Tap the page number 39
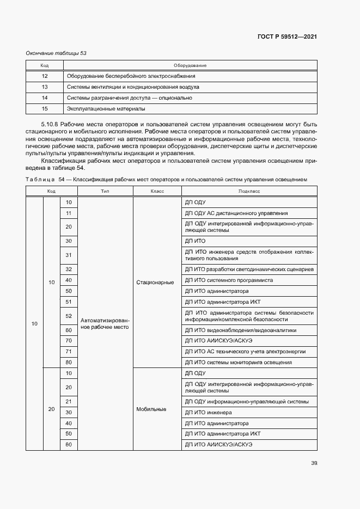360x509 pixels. [x=314, y=463]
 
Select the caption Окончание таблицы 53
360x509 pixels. [x=57, y=53]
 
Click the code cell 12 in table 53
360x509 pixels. [x=45, y=76]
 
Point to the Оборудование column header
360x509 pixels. [x=190, y=65]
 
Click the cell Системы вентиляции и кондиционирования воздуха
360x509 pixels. [x=132, y=87]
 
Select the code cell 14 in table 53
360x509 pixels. [x=45, y=98]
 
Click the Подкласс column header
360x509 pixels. [x=249, y=191]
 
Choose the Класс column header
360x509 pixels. [x=157, y=191]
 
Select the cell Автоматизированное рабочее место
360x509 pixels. [x=105, y=324]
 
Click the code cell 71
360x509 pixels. [x=69, y=352]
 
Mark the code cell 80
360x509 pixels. [x=69, y=363]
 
